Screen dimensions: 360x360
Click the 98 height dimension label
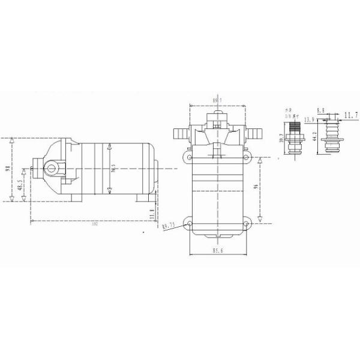[x=7, y=169]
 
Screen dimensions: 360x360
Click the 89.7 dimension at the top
[x=218, y=100]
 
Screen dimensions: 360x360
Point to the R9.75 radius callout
[x=168, y=226]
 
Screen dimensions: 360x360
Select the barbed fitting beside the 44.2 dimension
[x=329, y=135]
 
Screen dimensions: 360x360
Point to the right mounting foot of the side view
[x=145, y=197]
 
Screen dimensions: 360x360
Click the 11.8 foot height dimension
[x=152, y=213]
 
